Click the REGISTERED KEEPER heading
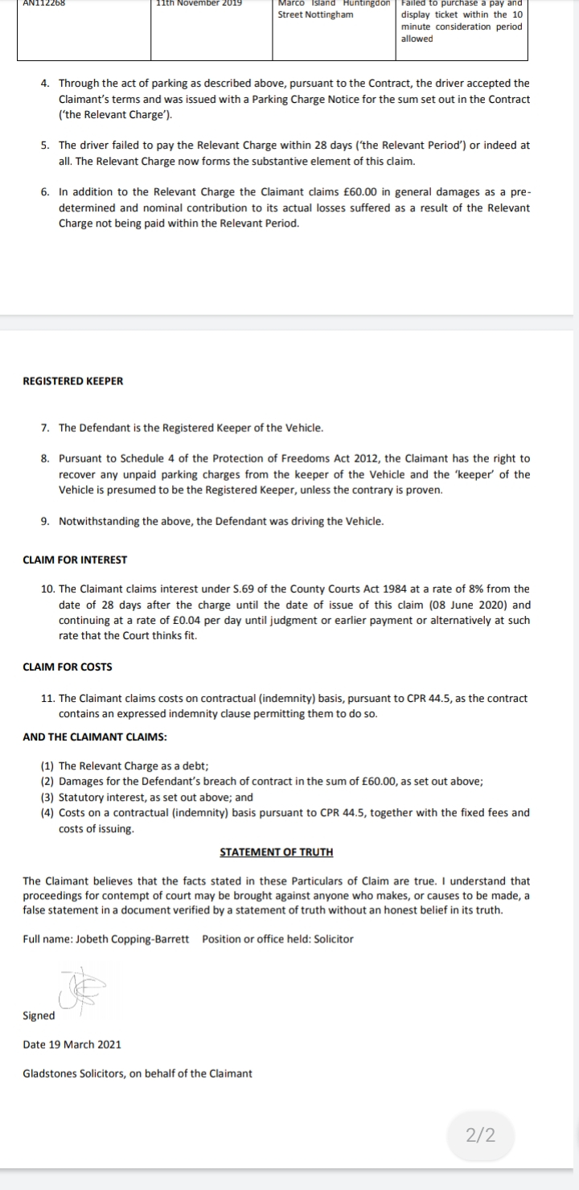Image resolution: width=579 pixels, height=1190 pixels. [73, 381]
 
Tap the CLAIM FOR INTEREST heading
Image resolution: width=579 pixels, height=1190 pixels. [75, 560]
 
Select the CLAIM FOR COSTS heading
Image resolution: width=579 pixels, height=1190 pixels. [68, 667]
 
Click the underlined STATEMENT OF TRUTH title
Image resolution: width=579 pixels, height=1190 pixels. [276, 852]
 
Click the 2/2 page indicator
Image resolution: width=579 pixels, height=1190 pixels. [480, 1135]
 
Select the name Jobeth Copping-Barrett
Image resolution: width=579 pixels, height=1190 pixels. [133, 939]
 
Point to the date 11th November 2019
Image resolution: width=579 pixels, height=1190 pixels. [199, 3]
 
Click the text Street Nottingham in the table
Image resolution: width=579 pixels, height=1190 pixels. [315, 15]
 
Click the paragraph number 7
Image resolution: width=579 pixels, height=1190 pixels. [45, 428]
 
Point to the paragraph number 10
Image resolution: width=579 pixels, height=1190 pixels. [47, 589]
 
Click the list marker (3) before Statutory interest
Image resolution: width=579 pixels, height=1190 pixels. [47, 797]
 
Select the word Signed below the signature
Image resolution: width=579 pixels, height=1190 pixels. [39, 1016]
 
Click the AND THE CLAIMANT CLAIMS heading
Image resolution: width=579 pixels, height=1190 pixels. [95, 737]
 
